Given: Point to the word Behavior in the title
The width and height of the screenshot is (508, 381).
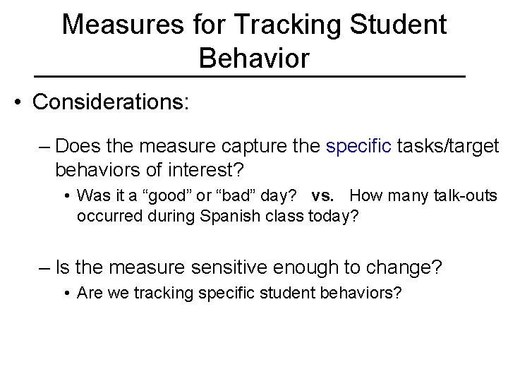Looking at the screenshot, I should (x=254, y=59).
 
